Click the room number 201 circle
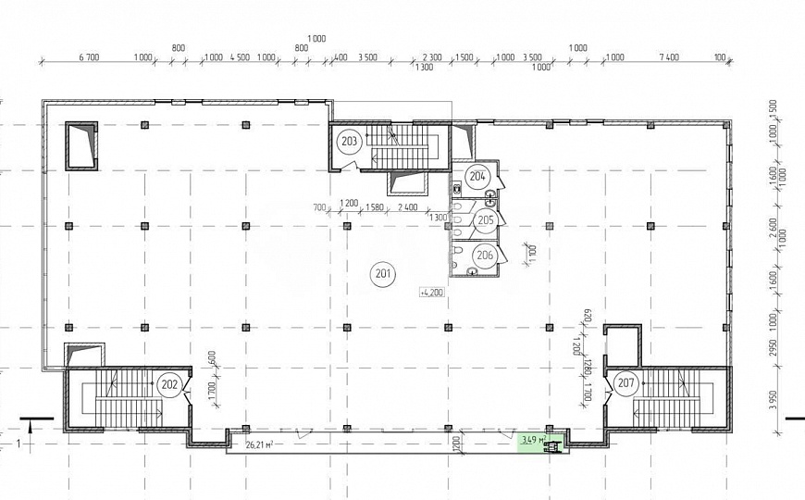[382, 272]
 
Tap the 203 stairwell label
[350, 142]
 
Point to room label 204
[477, 175]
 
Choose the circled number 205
[484, 220]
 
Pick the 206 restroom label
[484, 255]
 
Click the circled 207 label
[625, 381]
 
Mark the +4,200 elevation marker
[431, 292]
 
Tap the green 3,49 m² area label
[533, 440]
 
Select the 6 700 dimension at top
[90, 57]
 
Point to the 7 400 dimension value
[669, 57]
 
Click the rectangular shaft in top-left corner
[80, 145]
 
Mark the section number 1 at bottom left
[19, 443]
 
